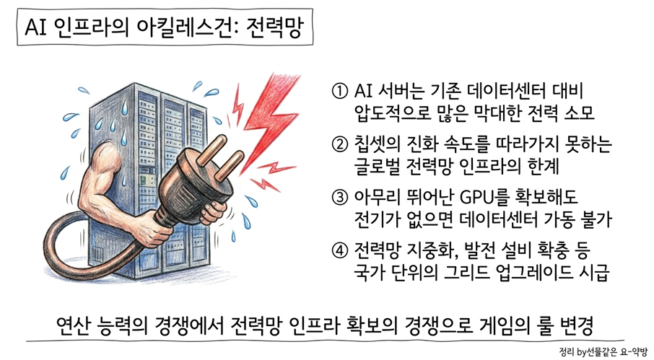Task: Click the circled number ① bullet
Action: (x=339, y=91)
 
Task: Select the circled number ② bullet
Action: (x=339, y=144)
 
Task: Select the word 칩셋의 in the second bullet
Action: (x=377, y=144)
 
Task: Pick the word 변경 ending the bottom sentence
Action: (x=577, y=327)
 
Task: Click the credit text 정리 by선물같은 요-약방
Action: (x=604, y=351)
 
